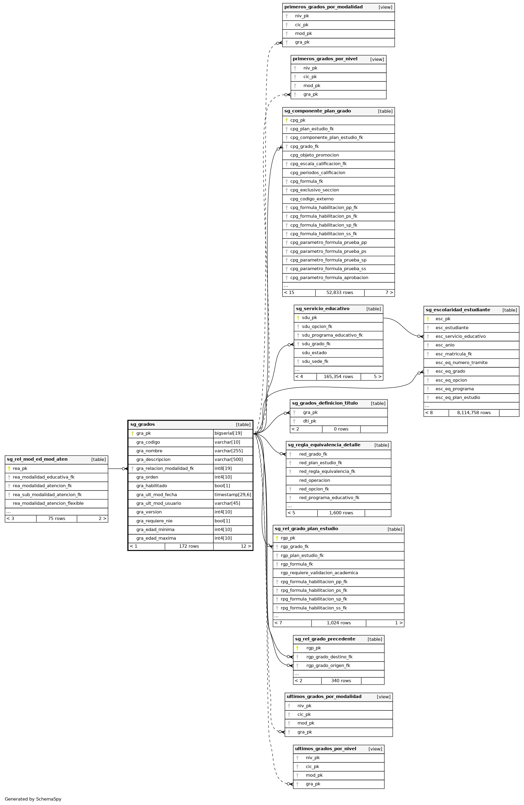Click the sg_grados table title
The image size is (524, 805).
coord(143,424)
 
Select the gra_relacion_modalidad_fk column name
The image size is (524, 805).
coord(165,468)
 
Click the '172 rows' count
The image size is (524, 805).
coord(189,546)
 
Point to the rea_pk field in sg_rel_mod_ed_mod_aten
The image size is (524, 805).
coord(20,468)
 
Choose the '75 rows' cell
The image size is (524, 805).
coord(56,518)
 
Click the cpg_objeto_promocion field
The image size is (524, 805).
coord(315,155)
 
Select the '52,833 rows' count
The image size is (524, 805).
coord(340,292)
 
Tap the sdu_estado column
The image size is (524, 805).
coord(314,353)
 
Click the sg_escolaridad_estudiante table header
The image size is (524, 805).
coord(458,310)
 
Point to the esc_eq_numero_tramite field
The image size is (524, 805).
coord(461,363)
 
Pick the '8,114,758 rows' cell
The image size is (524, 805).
coord(474,413)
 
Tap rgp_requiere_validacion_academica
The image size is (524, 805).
coord(319,573)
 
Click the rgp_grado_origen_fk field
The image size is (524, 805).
coord(328,666)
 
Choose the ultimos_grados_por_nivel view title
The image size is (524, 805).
coord(325,749)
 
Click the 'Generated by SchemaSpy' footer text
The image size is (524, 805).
coord(33,799)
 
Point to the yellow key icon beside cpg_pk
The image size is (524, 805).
coord(286,120)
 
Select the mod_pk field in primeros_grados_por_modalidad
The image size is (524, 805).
coord(303,33)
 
